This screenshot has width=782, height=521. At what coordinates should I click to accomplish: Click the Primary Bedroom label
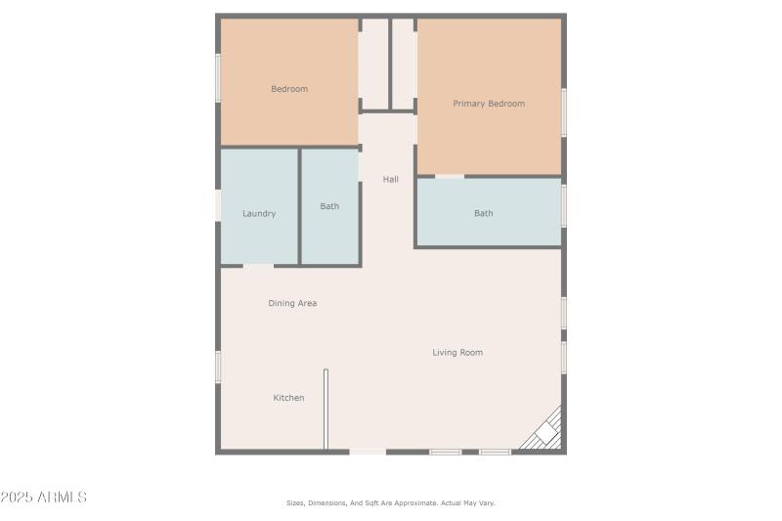point(488,104)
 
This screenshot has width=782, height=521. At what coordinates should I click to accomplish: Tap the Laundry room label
point(259,213)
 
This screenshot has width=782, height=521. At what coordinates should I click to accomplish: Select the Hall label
point(390,179)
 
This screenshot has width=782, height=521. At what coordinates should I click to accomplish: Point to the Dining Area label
point(292,303)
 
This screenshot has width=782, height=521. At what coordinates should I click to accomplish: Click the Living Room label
point(457,352)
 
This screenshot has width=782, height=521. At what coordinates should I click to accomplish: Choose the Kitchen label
point(288,398)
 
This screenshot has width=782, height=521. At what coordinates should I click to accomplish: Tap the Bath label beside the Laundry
point(329,206)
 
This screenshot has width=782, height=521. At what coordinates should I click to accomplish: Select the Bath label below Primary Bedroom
point(484,213)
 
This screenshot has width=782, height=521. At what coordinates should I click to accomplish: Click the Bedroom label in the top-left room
point(289,89)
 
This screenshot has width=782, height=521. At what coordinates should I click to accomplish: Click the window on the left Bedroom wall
point(217,77)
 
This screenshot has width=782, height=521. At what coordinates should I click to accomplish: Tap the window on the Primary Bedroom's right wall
point(564,112)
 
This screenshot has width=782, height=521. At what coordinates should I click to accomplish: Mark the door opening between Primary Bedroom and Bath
point(449,176)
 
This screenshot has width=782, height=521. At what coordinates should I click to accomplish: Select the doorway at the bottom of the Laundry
point(258,265)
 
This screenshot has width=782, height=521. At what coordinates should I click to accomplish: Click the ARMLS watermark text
point(44,498)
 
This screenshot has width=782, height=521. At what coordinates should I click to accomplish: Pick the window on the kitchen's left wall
point(217,366)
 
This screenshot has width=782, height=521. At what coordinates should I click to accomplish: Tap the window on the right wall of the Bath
point(564,206)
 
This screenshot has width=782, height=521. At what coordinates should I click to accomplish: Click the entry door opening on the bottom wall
point(368,452)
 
